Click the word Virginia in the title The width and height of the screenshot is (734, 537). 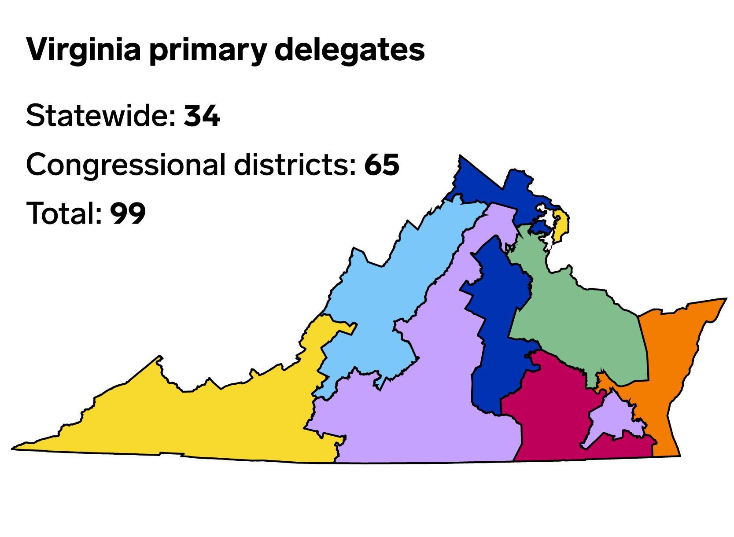pos(84,50)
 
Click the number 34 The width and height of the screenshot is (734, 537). pos(202,116)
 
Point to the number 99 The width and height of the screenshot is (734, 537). pos(128,213)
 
